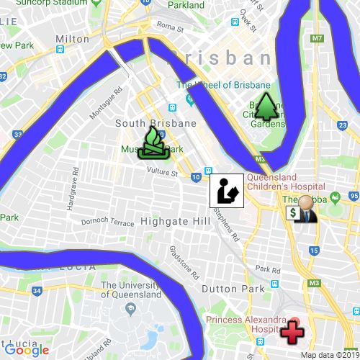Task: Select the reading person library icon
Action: point(225,191)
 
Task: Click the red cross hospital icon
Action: point(292,332)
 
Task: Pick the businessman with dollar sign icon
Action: point(303,209)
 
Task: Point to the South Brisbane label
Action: point(156,123)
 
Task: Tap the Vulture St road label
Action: point(162,172)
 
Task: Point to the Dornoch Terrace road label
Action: point(108,223)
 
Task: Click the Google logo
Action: point(31,351)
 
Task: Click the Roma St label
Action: point(171,27)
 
